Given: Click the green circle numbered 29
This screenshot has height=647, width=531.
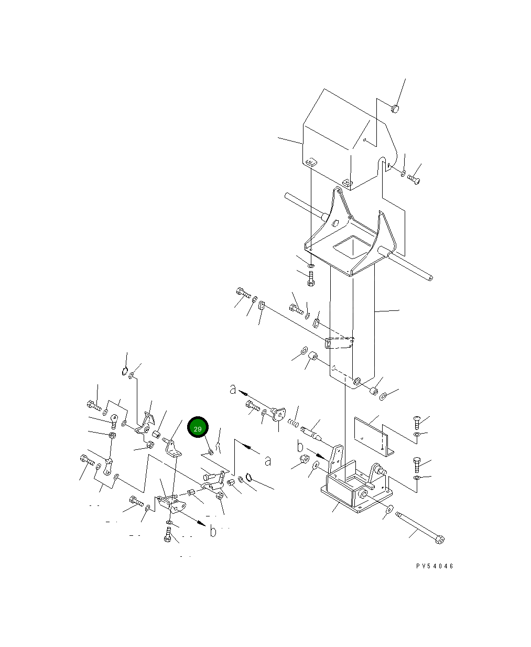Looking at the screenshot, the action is tap(198, 427).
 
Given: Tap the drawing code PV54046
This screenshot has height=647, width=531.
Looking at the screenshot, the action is tap(435, 566).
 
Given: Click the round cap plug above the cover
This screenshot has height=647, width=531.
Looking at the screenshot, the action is tap(395, 109).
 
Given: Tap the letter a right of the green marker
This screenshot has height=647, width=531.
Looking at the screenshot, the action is tap(268, 461).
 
